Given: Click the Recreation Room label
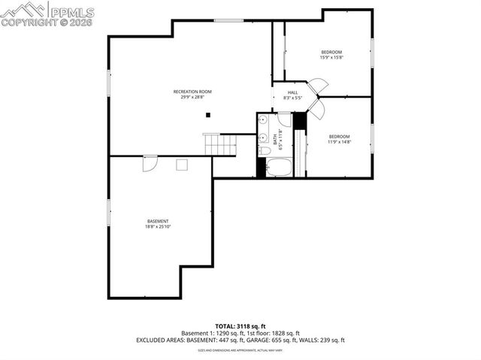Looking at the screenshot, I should [191, 92].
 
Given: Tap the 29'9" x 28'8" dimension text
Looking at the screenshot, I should [191, 97].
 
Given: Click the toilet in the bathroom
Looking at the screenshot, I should [264, 151].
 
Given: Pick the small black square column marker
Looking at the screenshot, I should [209, 115].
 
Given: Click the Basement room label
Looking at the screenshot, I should [158, 221].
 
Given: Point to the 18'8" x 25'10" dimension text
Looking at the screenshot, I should [158, 226].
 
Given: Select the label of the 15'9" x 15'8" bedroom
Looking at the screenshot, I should [331, 52].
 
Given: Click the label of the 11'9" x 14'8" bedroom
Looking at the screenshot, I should [338, 136].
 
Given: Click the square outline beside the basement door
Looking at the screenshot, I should [181, 165].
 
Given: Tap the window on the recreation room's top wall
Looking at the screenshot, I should [228, 20].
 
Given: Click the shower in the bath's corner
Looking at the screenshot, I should [284, 119].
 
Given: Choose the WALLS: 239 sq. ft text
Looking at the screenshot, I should [328, 340].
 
